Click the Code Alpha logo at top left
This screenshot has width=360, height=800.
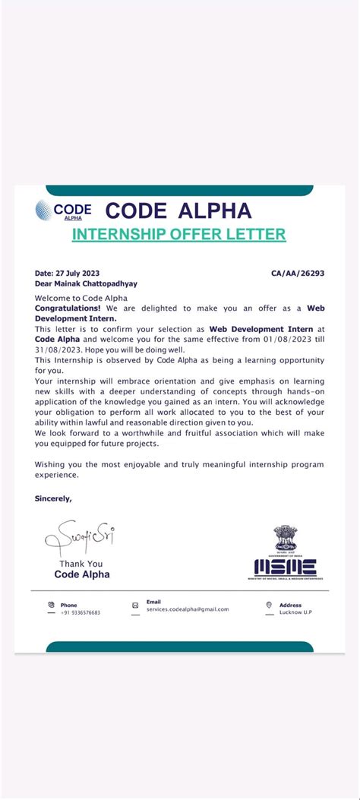[64, 210]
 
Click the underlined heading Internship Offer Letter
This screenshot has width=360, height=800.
[178, 234]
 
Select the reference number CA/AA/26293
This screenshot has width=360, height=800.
[297, 273]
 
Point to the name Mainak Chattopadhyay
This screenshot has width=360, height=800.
[95, 283]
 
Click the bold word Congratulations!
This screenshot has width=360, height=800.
[68, 308]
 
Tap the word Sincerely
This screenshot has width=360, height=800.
[53, 498]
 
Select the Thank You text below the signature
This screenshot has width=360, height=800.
[81, 564]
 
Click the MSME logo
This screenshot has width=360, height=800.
[286, 567]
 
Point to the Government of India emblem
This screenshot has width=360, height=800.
[286, 539]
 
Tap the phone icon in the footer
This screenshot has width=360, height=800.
[51, 606]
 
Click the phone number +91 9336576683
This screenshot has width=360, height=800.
[81, 612]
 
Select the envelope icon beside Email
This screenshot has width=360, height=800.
[135, 606]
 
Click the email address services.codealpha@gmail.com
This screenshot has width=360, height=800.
[188, 609]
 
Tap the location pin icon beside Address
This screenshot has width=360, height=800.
[269, 606]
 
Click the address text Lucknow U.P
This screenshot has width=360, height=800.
[295, 612]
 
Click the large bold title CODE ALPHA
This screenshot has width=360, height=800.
[178, 210]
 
